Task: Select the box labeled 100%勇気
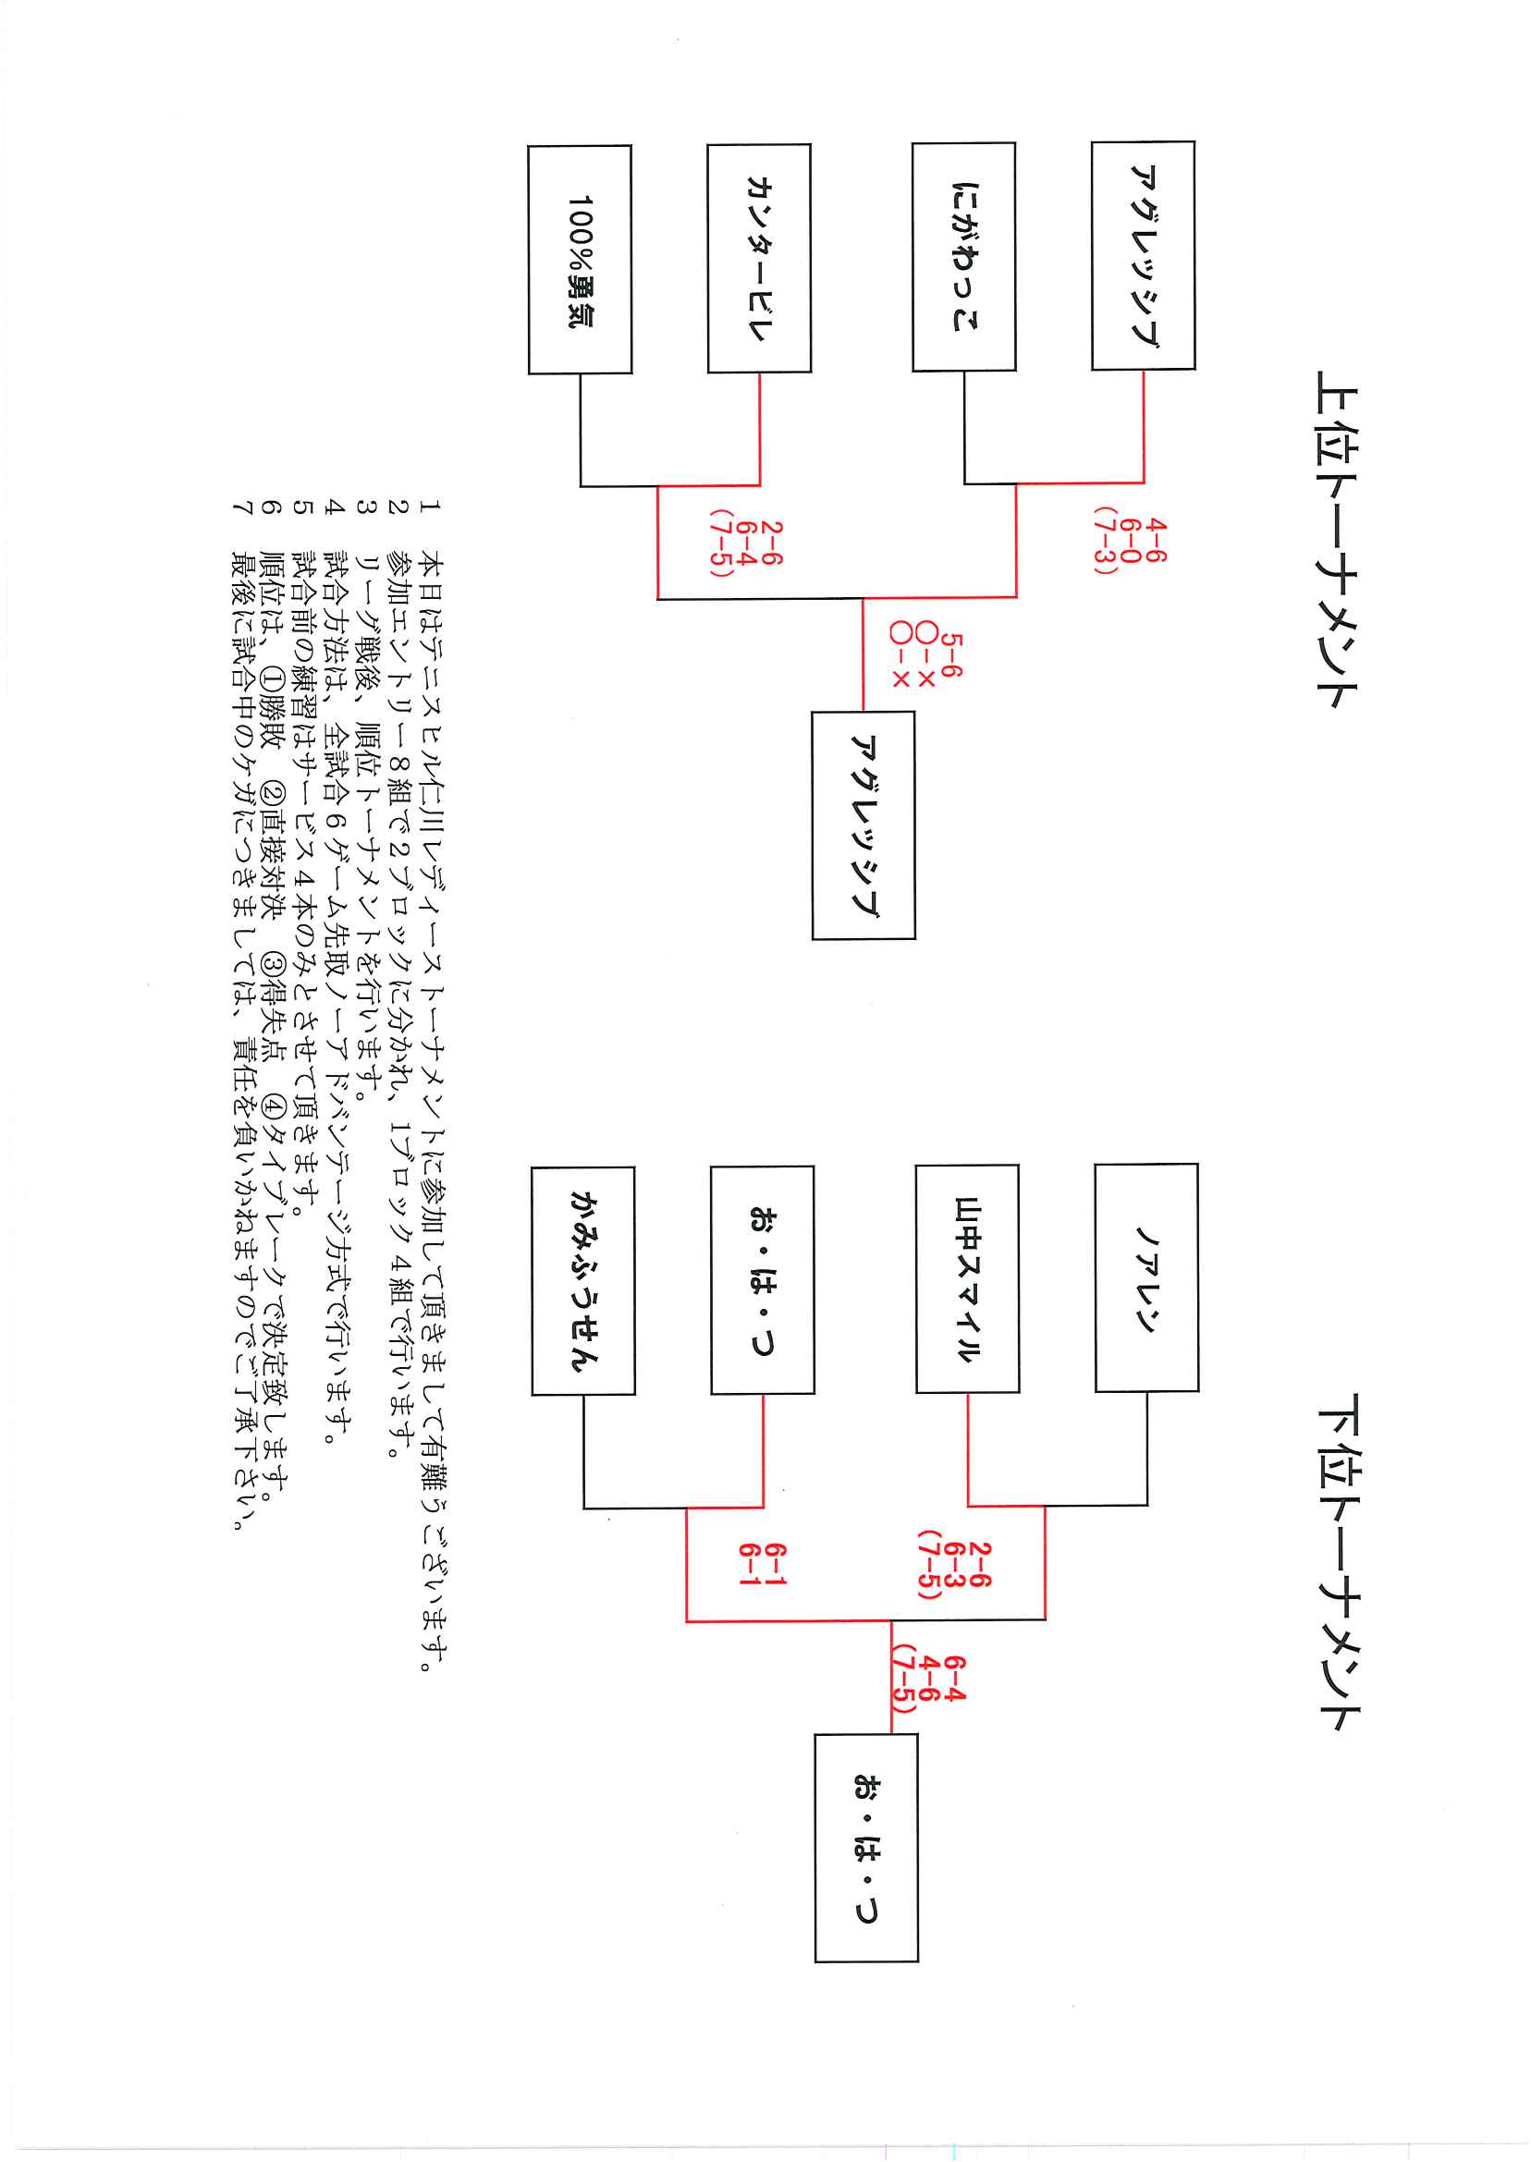pyautogui.click(x=580, y=260)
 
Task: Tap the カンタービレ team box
pyautogui.click(x=759, y=258)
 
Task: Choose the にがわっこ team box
pyautogui.click(x=963, y=256)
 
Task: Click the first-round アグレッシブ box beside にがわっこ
pyautogui.click(x=1144, y=255)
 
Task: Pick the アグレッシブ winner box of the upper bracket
pyautogui.click(x=863, y=824)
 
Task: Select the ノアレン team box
pyautogui.click(x=1146, y=1278)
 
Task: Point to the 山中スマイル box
pyautogui.click(x=967, y=1279)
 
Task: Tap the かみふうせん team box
pyautogui.click(x=583, y=1281)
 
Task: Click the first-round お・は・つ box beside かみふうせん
pyautogui.click(x=763, y=1280)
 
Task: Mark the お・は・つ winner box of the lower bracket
pyautogui.click(x=866, y=1848)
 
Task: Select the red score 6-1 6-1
pyautogui.click(x=762, y=1565)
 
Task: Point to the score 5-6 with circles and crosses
pyautogui.click(x=925, y=661)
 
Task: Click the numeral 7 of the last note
pyautogui.click(x=242, y=508)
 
